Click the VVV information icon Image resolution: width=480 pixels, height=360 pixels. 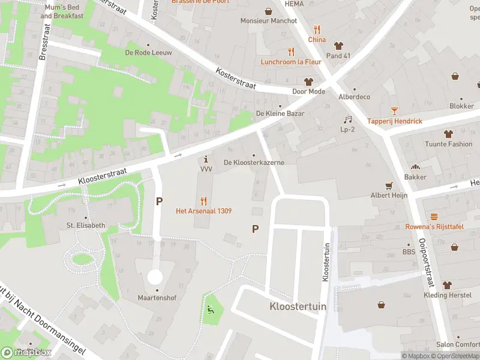coord(206,160)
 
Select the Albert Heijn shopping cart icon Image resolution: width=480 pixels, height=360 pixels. coord(389,185)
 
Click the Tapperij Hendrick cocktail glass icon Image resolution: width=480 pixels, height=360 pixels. coord(394,111)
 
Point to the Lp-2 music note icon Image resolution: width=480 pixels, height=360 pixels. coord(347,119)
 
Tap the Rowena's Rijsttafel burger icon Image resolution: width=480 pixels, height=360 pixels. coord(434,216)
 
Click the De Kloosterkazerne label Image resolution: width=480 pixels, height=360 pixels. coord(254,163)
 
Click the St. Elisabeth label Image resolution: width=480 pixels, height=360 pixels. coord(86,226)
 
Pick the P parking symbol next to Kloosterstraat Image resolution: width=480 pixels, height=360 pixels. coord(159,202)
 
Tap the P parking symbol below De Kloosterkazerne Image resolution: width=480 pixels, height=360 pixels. coord(255,229)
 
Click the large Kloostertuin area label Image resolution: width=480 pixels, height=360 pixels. coord(298,306)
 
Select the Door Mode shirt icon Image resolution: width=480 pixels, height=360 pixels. coord(309,82)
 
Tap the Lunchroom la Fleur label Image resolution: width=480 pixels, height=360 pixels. coord(292,62)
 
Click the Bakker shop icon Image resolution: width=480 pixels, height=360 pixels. coord(415,167)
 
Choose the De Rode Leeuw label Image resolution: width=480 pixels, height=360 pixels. coord(148,53)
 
